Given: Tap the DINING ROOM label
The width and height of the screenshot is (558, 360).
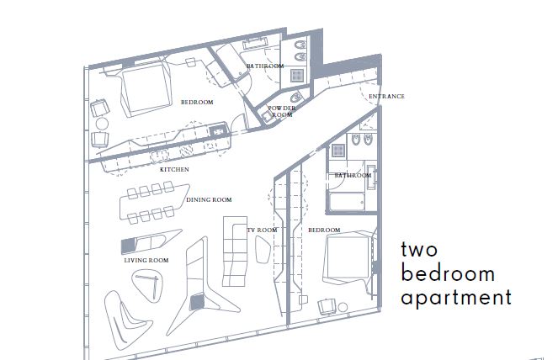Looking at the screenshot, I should click(x=209, y=200).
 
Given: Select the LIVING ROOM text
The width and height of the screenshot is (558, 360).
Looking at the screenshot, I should click(x=146, y=261).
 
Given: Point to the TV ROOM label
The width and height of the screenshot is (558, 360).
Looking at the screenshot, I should click(x=262, y=230).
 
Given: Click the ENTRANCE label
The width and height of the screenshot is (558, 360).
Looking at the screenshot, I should click(x=386, y=97).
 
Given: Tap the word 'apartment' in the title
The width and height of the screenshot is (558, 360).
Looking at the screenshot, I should click(x=455, y=298).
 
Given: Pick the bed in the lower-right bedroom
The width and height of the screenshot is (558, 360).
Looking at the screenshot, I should click(x=345, y=258).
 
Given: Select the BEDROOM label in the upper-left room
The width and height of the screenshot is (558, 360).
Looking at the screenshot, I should click(x=196, y=102).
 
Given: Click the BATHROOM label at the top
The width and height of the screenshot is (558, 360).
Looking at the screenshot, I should click(x=263, y=66).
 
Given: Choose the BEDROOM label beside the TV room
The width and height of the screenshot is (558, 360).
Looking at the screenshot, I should click(x=323, y=230).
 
